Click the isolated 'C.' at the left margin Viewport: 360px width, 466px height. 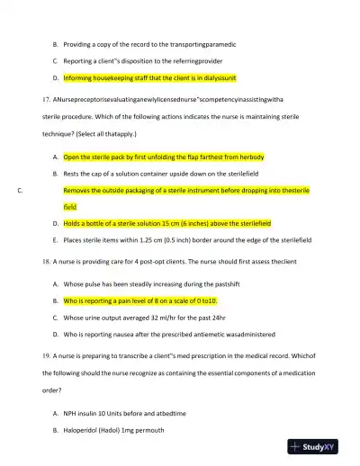(21, 191)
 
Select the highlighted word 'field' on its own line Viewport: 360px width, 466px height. (71, 207)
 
